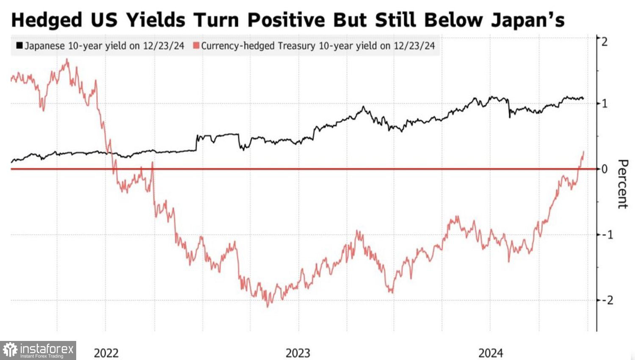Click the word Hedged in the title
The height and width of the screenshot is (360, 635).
pos(47,20)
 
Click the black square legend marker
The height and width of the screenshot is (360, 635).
pos(19,45)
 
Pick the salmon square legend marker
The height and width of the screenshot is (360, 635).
pos(196,45)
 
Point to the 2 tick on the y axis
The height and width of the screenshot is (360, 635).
pos(604,42)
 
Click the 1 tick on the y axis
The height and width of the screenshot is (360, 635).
pos(605,103)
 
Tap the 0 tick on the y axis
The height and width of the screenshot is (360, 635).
pos(605,169)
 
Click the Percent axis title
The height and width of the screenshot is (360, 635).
pos(622,184)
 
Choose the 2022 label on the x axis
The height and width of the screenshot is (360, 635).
pos(106,353)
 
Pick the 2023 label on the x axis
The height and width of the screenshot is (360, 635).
pos(298,353)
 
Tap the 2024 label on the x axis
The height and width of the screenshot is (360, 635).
pos(491,353)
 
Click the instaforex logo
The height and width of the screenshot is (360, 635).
pos(38,350)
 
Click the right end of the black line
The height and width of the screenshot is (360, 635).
pos(583,99)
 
